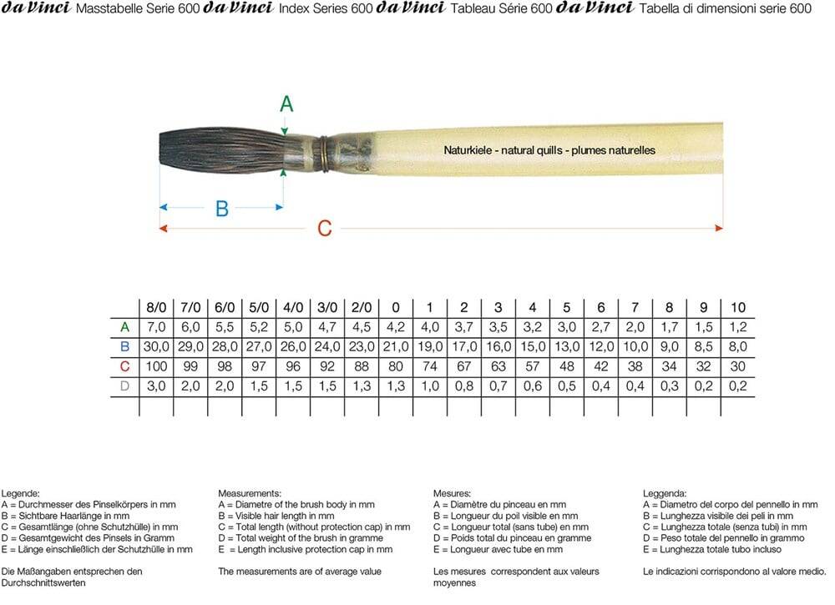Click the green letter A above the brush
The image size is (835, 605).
[x=286, y=104]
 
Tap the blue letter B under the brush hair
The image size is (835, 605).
[x=222, y=208]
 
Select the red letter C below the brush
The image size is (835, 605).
[x=325, y=228]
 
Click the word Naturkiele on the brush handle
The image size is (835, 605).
[x=466, y=150]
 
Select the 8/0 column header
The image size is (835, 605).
[x=156, y=307]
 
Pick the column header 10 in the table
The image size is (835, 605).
[x=737, y=307]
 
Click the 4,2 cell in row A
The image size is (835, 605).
[x=396, y=326]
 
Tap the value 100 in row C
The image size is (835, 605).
[x=156, y=366]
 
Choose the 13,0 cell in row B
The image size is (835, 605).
[x=566, y=346]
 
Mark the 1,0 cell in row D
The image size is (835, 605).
[x=430, y=386]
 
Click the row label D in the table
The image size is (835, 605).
[x=124, y=386]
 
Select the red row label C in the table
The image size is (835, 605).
[x=124, y=366]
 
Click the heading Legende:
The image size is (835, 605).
[x=21, y=493]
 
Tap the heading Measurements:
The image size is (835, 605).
[x=250, y=493]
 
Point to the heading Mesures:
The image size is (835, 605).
[x=453, y=493]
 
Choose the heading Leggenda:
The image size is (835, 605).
[x=665, y=493]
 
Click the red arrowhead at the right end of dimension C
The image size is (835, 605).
[x=720, y=227]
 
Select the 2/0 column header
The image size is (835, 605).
[x=362, y=307]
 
